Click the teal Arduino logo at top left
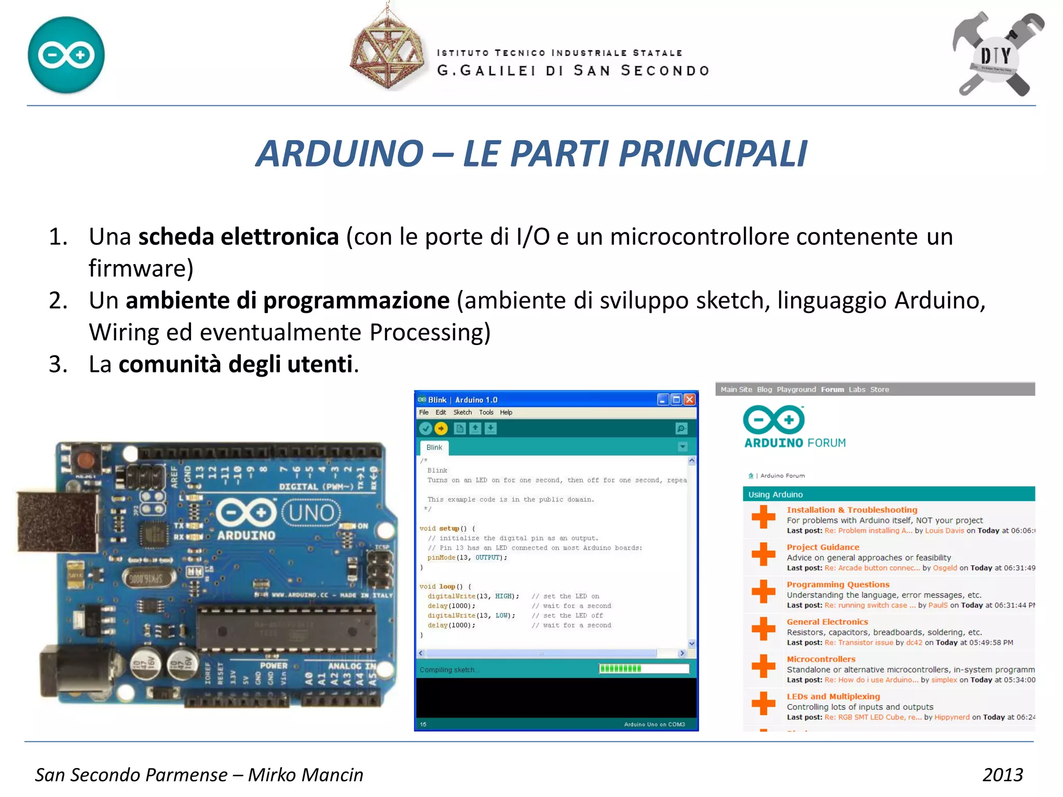(66, 55)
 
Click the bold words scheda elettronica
(238, 237)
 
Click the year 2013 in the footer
(1002, 775)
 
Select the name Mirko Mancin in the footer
(305, 775)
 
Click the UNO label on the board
(311, 513)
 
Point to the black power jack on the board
(73, 671)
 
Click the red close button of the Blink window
(689, 400)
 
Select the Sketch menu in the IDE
(462, 413)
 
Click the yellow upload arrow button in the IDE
(441, 429)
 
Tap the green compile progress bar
(620, 669)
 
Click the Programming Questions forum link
(838, 584)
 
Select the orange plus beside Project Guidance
(763, 554)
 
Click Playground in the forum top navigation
(796, 390)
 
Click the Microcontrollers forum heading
(821, 659)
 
